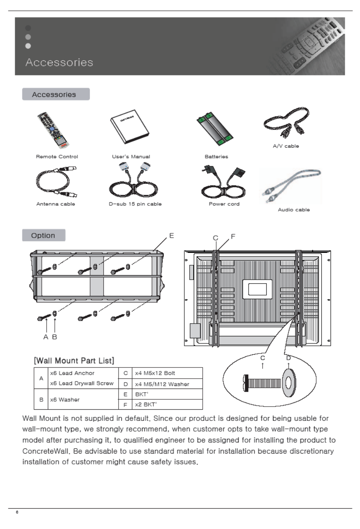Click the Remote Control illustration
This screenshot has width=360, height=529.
tap(53, 130)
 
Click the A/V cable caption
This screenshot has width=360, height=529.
tap(286, 146)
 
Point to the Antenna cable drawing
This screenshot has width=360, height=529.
tap(56, 182)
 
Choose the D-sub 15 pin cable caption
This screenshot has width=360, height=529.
tap(135, 204)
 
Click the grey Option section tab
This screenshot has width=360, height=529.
tap(44, 235)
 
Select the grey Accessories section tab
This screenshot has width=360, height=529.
tap(55, 95)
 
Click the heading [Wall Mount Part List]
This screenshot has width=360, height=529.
tap(74, 361)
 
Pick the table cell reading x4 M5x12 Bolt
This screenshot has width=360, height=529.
tap(155, 373)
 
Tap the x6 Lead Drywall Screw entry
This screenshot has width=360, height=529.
tap(82, 383)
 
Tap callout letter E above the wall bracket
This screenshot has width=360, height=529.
tap(172, 236)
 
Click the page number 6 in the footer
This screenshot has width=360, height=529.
tap(17, 512)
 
